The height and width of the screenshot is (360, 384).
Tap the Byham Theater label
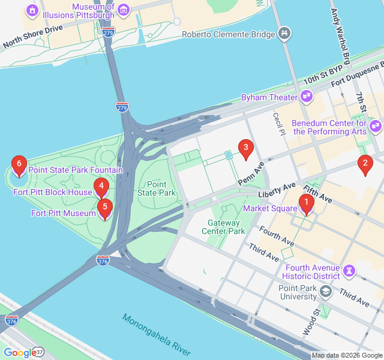(269, 97)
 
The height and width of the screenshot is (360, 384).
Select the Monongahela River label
(155, 334)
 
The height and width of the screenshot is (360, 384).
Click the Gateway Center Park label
(223, 227)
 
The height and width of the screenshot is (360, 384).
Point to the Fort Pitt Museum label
(63, 213)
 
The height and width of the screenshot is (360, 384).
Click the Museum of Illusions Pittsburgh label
(93, 11)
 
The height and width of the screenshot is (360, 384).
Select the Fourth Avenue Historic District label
(313, 272)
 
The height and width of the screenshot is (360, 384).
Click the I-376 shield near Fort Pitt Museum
(103, 260)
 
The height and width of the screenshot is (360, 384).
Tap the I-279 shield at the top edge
(109, 31)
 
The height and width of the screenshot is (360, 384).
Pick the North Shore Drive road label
(32, 37)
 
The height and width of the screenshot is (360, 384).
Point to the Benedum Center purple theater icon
(376, 126)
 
